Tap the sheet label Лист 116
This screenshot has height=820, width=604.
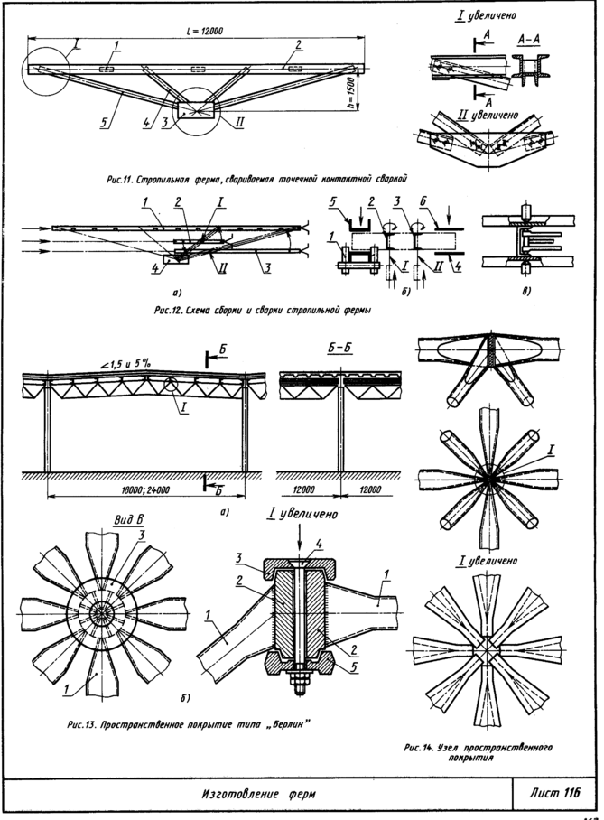pyautogui.click(x=548, y=792)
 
